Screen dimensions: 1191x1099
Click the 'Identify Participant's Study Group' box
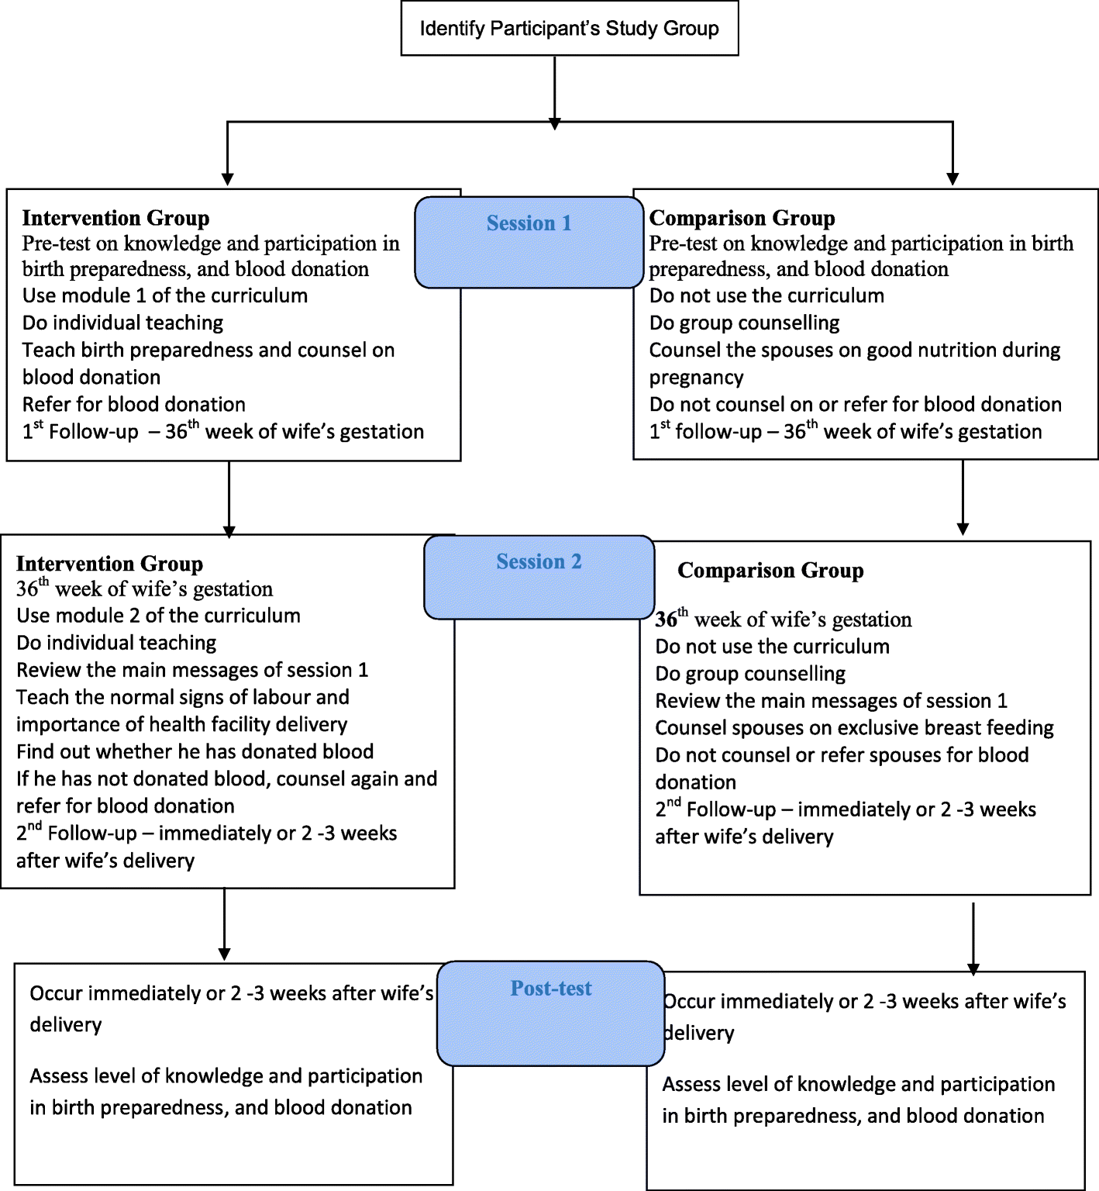coord(569,29)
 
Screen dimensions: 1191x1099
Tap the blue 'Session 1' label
coord(529,223)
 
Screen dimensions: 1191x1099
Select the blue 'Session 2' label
coord(539,561)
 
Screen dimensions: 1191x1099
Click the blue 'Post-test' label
coord(550,989)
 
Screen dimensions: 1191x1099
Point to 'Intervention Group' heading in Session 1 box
coord(115,218)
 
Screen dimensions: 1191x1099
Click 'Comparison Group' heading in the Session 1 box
coord(742,218)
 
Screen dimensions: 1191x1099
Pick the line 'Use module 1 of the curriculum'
coord(164,295)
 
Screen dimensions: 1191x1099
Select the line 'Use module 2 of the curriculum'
coord(158,616)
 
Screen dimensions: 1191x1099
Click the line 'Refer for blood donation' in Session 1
coord(133,404)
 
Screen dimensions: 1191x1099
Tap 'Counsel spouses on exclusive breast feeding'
coord(854,728)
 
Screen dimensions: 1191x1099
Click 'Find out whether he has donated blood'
coord(195,751)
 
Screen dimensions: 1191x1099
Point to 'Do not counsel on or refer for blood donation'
coord(855,404)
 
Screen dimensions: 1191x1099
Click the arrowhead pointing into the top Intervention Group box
coord(227,179)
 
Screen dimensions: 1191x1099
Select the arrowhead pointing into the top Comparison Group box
coord(953,179)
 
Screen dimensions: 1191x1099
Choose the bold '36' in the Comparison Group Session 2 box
coord(666,620)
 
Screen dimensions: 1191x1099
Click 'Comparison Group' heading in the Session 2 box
coord(770,571)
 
